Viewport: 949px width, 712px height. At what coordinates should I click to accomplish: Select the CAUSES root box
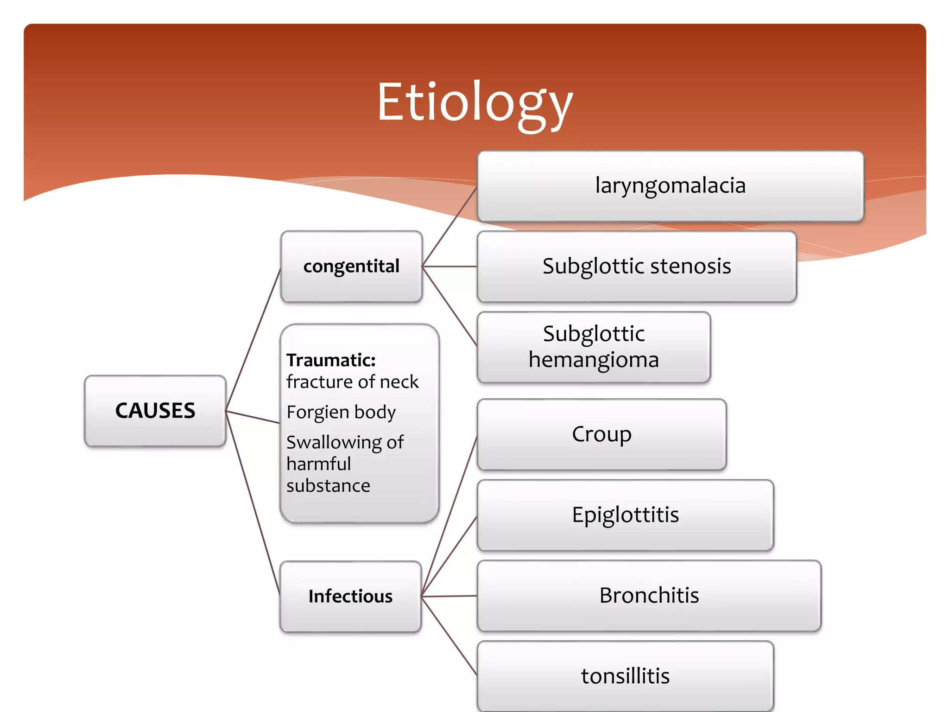click(155, 411)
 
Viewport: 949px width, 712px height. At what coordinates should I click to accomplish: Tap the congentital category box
click(351, 267)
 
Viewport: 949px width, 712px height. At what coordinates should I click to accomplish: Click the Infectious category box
click(350, 596)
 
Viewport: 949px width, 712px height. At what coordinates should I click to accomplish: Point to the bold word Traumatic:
click(331, 360)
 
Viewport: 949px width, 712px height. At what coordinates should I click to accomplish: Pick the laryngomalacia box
click(670, 186)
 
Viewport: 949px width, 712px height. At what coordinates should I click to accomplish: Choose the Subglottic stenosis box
click(637, 267)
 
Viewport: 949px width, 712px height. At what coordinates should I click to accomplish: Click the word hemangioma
click(594, 360)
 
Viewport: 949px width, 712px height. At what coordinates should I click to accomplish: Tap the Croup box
click(601, 434)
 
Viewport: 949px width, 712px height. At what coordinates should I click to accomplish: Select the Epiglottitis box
click(625, 515)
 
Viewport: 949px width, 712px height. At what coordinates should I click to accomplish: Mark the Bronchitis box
click(649, 596)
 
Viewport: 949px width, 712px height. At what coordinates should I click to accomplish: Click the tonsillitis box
click(625, 676)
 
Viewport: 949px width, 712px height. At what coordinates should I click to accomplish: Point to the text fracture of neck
click(352, 382)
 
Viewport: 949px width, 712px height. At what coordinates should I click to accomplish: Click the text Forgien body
click(341, 412)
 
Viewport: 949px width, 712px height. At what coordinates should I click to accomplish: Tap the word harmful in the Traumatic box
click(319, 464)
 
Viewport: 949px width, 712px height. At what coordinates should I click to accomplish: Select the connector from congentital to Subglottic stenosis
click(449, 267)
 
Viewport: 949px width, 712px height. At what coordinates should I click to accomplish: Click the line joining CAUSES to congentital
click(253, 339)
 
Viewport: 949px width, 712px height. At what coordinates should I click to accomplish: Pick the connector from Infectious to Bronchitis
click(449, 596)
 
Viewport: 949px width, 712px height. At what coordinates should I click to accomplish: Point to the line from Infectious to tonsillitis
click(449, 636)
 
